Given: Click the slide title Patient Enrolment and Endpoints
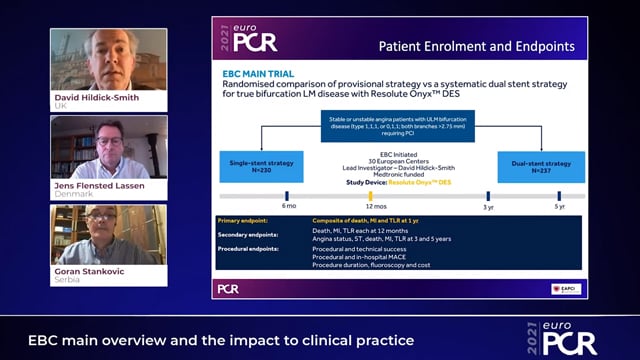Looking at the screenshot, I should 475,46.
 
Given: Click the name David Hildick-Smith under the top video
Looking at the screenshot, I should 96,98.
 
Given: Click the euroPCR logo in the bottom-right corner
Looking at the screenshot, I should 566,340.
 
